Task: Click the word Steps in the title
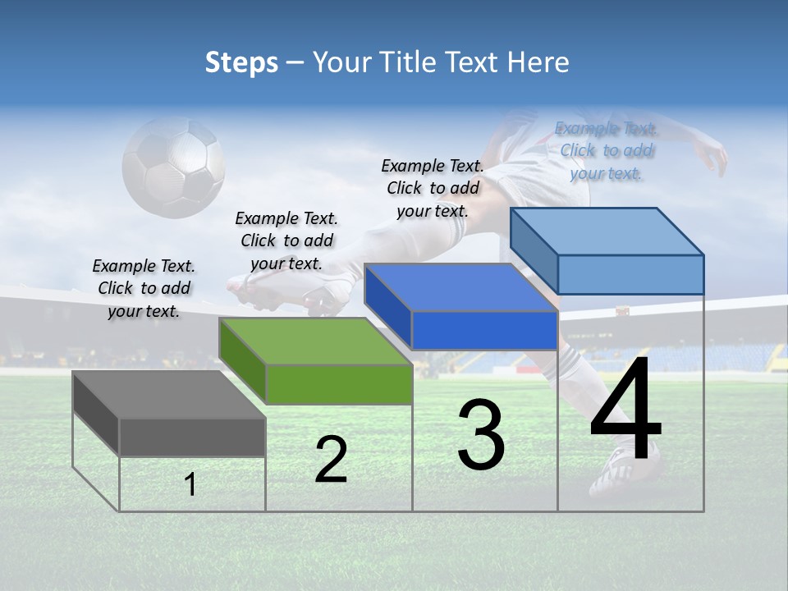(241, 62)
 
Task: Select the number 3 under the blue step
(481, 435)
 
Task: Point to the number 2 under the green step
(331, 460)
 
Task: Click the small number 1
(190, 484)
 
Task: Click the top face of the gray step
(168, 394)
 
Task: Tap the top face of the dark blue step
(460, 287)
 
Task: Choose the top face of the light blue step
(607, 231)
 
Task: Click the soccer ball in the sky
(174, 167)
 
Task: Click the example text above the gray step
(144, 288)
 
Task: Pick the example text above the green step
(286, 241)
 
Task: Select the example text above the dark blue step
(433, 188)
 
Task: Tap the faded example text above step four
(607, 150)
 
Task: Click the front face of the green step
(339, 384)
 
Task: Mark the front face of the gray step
(192, 437)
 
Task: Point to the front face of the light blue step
(630, 274)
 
